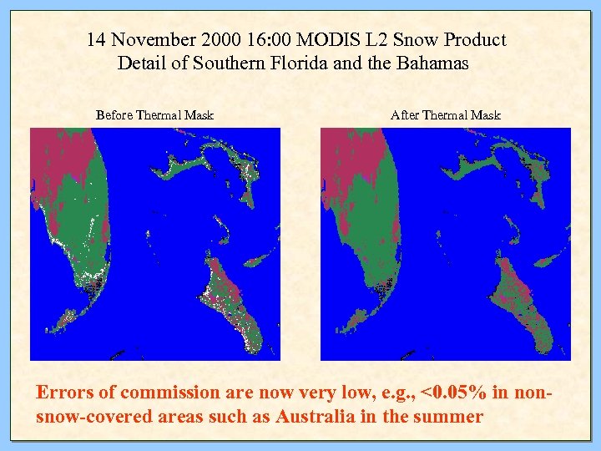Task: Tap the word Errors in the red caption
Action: coord(64,393)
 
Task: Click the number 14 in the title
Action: coord(96,40)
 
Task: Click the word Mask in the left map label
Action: coord(199,115)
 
